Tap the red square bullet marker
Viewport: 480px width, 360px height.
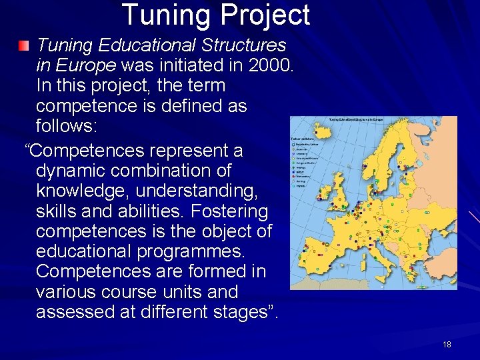tap(24, 46)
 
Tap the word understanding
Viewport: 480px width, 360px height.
tap(198, 191)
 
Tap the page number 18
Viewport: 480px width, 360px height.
tap(447, 345)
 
